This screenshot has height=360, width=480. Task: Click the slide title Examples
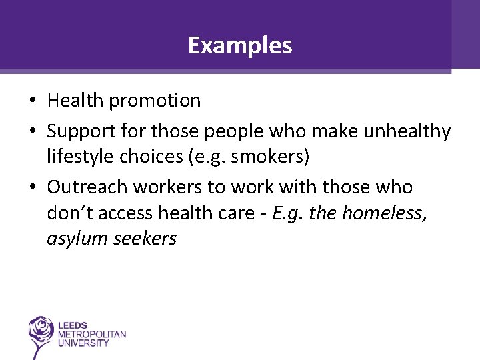(x=240, y=45)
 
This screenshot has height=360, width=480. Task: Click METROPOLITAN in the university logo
(x=92, y=333)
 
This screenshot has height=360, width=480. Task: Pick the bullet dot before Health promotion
(x=32, y=101)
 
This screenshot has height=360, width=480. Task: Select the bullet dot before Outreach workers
(x=32, y=188)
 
